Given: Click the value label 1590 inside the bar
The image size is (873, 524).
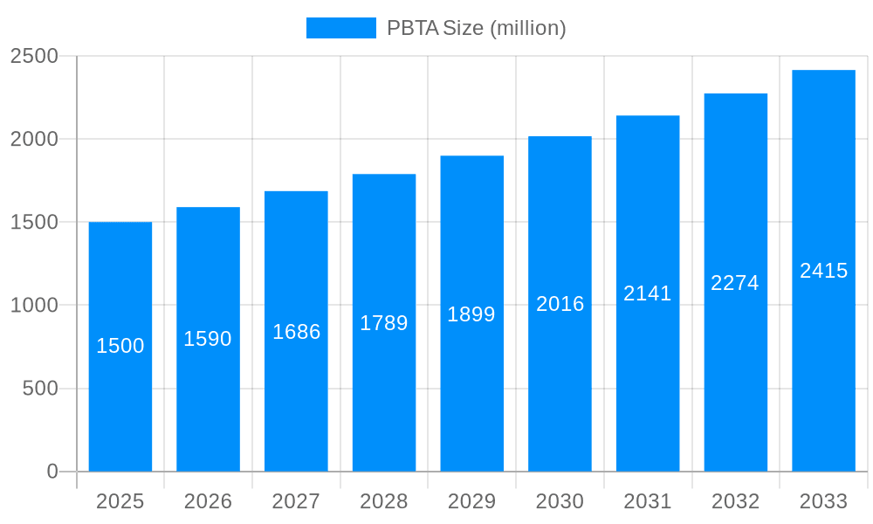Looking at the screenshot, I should click(x=208, y=339).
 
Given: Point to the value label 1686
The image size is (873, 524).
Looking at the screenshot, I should click(x=296, y=332).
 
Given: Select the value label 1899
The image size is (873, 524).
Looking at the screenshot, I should click(x=471, y=314).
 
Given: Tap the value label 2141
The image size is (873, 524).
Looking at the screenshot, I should click(x=648, y=293).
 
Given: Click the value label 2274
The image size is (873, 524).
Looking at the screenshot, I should click(x=735, y=283).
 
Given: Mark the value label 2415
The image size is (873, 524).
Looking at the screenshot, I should click(x=823, y=271).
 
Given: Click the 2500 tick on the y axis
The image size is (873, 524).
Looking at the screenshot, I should click(x=34, y=56).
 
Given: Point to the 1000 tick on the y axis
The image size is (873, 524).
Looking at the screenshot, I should click(x=34, y=306).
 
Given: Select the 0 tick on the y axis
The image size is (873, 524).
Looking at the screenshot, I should click(x=52, y=472).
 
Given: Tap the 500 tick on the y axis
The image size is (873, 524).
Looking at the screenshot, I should click(x=40, y=389).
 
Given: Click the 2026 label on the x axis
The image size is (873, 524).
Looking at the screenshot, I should click(x=208, y=501).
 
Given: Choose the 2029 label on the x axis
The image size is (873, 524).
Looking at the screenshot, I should click(x=471, y=501).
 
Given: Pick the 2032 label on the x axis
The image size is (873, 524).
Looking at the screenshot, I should click(x=735, y=501).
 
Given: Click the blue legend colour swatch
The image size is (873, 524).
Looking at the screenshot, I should click(x=340, y=28).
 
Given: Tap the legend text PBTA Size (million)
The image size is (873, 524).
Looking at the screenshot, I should click(x=477, y=28).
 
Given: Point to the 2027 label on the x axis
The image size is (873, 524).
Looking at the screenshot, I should click(x=296, y=501).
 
